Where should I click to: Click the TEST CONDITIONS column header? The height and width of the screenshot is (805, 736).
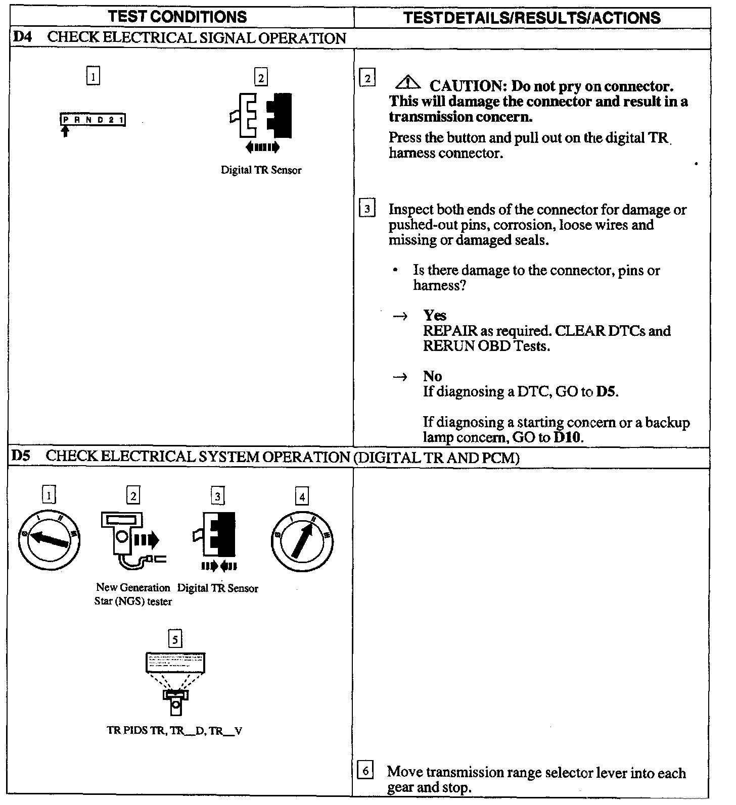click(x=178, y=17)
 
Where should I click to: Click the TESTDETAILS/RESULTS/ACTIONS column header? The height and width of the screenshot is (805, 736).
click(x=532, y=18)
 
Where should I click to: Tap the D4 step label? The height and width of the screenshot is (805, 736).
click(x=22, y=38)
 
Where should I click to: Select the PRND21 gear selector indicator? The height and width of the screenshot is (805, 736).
click(x=93, y=120)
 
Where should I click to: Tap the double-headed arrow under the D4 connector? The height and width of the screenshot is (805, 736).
click(x=261, y=147)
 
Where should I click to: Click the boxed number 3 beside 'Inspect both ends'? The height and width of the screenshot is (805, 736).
click(x=367, y=209)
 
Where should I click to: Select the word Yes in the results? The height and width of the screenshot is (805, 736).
click(x=435, y=316)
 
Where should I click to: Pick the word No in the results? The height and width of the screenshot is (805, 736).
click(x=433, y=376)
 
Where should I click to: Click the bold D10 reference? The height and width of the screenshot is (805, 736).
click(x=567, y=437)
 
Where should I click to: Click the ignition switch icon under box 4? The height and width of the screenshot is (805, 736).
click(x=302, y=541)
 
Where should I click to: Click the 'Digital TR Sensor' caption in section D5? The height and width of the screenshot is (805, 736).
click(x=218, y=588)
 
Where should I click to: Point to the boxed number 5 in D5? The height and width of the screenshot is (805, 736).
click(x=175, y=640)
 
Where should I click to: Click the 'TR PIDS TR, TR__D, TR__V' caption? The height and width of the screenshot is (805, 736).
click(x=174, y=731)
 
